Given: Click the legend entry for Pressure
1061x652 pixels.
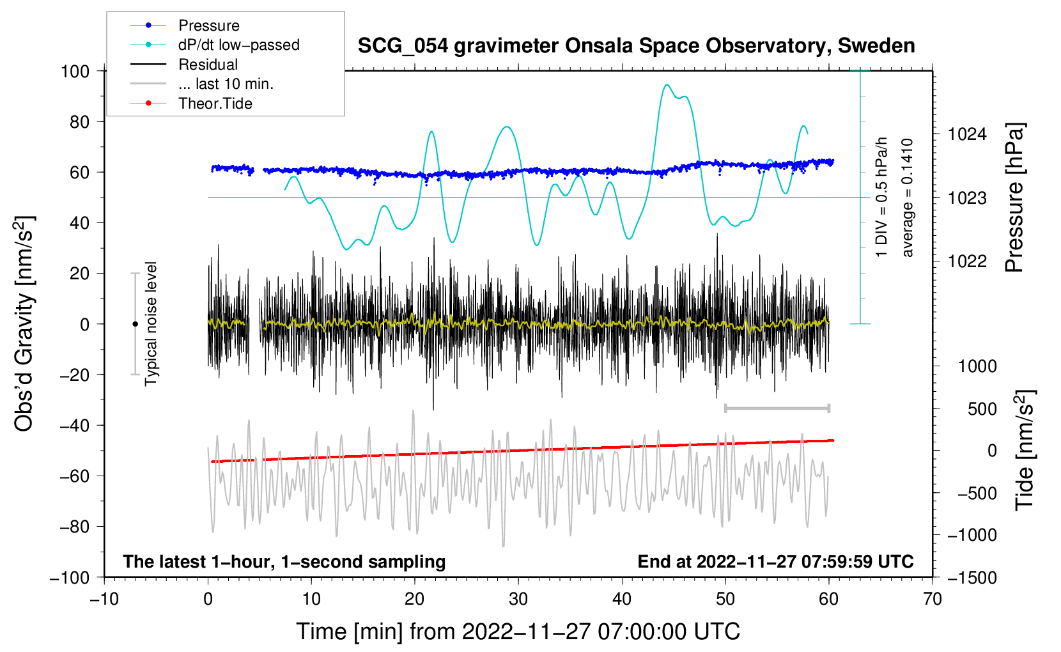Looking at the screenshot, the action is (x=185, y=25).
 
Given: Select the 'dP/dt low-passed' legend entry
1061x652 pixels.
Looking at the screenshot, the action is (x=215, y=45).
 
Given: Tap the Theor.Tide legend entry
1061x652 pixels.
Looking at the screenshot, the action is (x=191, y=104).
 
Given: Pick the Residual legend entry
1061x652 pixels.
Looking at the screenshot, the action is (x=184, y=65).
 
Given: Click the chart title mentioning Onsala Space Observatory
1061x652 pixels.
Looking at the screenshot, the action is (x=636, y=46).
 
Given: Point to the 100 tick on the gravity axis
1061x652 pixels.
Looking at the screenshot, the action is (x=75, y=72).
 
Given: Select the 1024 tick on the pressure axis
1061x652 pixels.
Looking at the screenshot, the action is (x=967, y=135).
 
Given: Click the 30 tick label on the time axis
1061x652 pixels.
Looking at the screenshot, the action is (x=518, y=600).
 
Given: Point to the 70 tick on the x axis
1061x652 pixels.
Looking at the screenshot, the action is (x=932, y=600).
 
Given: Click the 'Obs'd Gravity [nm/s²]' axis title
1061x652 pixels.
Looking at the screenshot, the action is (x=24, y=323).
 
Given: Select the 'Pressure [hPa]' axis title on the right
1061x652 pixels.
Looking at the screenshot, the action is (x=1014, y=198).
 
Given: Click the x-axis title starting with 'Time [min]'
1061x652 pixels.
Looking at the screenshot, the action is (x=518, y=632).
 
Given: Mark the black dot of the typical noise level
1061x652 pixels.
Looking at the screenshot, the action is (x=135, y=324).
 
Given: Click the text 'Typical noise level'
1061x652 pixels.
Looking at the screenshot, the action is (x=150, y=324).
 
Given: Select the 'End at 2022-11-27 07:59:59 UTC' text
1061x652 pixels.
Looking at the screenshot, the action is (x=775, y=561).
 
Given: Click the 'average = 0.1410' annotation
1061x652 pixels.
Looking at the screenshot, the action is (x=907, y=198).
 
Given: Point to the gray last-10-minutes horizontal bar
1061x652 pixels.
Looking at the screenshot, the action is (x=777, y=408).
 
